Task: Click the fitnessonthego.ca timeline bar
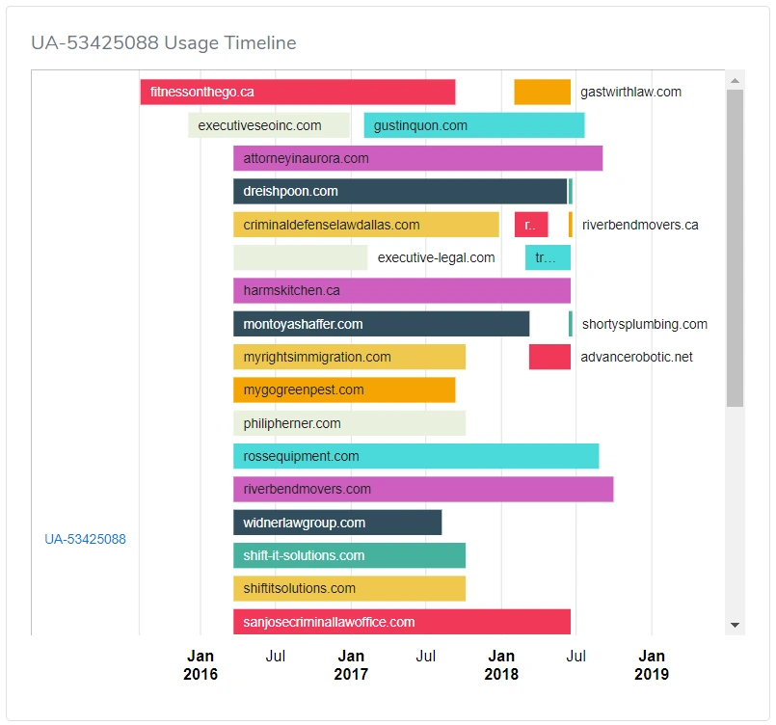pyautogui.click(x=297, y=93)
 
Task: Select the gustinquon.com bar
pyautogui.click(x=473, y=125)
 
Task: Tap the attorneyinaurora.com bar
pyautogui.click(x=417, y=158)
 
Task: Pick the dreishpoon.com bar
pyautogui.click(x=399, y=192)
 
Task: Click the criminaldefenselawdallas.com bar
pyautogui.click(x=365, y=225)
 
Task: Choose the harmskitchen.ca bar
pyautogui.click(x=401, y=290)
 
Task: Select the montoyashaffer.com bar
pyautogui.click(x=381, y=324)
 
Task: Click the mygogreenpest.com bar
pyautogui.click(x=343, y=390)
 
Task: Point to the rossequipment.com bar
pyautogui.click(x=415, y=456)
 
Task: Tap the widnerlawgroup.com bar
pyautogui.click(x=336, y=523)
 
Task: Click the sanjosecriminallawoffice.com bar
pyautogui.click(x=401, y=622)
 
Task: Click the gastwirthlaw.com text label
pyautogui.click(x=630, y=93)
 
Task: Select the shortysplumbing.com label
pyautogui.click(x=644, y=324)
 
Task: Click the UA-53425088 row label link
pyautogui.click(x=85, y=539)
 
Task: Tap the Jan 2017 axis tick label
pyautogui.click(x=351, y=665)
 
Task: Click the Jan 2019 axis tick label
pyautogui.click(x=652, y=665)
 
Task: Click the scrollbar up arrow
pyautogui.click(x=736, y=80)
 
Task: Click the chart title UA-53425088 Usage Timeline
pyautogui.click(x=163, y=43)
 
